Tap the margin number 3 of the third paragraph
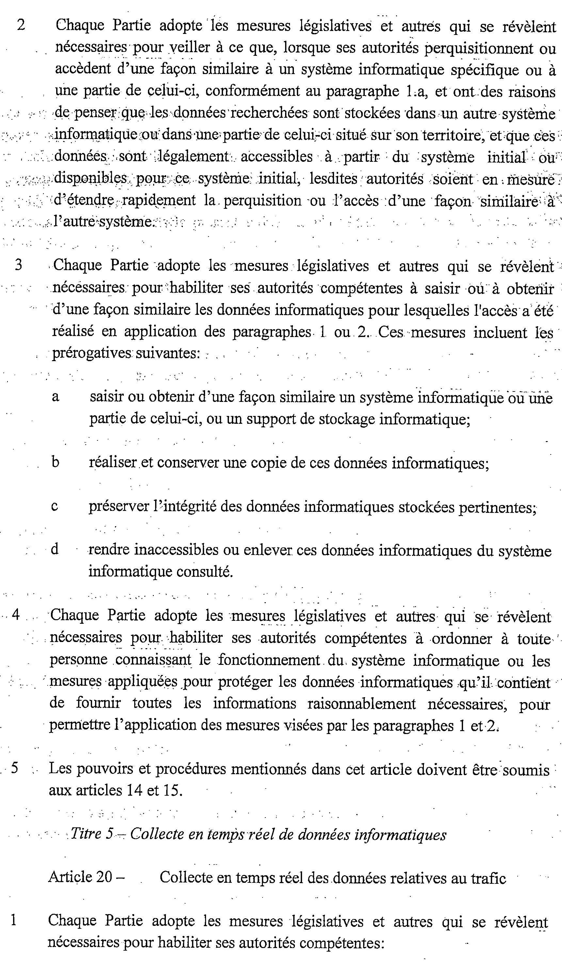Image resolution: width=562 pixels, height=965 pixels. [18, 265]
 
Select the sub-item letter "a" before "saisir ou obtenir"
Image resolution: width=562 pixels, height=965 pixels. [56, 397]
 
